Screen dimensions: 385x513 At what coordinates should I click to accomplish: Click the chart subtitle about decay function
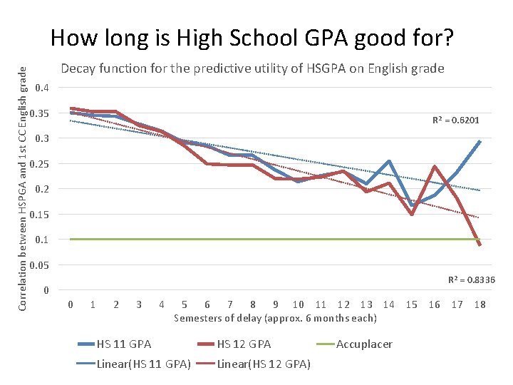(252, 69)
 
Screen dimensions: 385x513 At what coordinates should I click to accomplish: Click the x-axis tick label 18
(480, 305)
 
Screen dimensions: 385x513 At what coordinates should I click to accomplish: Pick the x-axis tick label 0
(70, 305)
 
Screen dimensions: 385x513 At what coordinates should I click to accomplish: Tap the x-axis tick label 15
(411, 305)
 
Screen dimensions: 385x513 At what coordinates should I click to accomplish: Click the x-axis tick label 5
(185, 305)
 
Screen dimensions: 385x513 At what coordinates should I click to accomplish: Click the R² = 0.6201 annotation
(456, 120)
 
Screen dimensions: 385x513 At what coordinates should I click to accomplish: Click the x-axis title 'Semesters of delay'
(275, 318)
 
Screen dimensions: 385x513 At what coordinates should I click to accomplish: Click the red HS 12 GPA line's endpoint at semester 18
(480, 245)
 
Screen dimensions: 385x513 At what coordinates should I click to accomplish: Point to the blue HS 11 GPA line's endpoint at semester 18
(480, 141)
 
